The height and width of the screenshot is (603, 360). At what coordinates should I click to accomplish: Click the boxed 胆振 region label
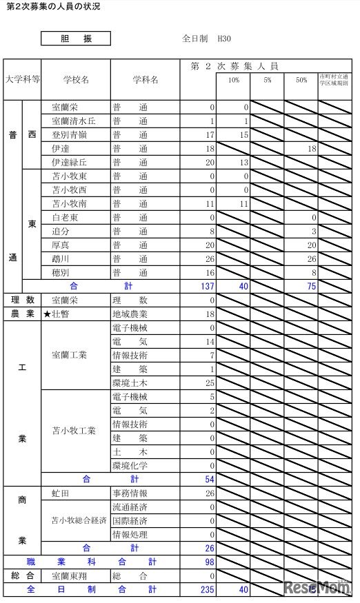tap(75, 39)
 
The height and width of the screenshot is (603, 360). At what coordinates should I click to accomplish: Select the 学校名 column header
tap(75, 79)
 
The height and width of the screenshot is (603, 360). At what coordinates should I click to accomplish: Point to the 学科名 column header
tap(145, 79)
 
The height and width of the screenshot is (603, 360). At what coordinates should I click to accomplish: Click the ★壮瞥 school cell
tap(61, 314)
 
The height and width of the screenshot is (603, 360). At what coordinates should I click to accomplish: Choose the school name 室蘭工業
tap(69, 356)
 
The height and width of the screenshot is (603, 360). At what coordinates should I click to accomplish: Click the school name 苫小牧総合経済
tap(78, 521)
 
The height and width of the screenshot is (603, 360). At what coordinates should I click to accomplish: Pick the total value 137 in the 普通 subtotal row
tap(207, 287)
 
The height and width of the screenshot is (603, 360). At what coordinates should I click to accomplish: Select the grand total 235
tap(207, 590)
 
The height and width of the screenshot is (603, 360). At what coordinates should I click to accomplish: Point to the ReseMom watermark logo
tap(318, 587)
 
